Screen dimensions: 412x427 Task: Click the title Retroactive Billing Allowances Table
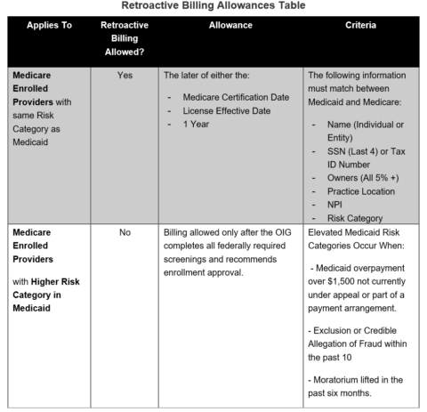pyautogui.click(x=213, y=7)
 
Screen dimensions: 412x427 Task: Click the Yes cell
pyautogui.click(x=125, y=77)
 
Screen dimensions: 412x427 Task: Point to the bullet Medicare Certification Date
pyautogui.click(x=235, y=96)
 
